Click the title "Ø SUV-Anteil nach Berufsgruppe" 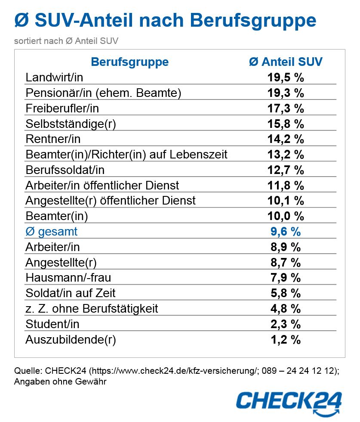(x=165, y=20)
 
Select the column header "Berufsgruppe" (x=129, y=62)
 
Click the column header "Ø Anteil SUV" (x=286, y=62)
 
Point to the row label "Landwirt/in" (x=54, y=78)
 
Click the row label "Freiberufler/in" (x=62, y=109)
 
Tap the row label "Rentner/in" (x=53, y=139)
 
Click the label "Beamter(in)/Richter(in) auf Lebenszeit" (x=126, y=155)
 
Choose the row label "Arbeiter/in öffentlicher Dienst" (x=102, y=186)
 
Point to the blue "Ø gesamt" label (x=52, y=232)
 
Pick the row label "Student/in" (x=52, y=324)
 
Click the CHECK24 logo (x=289, y=401)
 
